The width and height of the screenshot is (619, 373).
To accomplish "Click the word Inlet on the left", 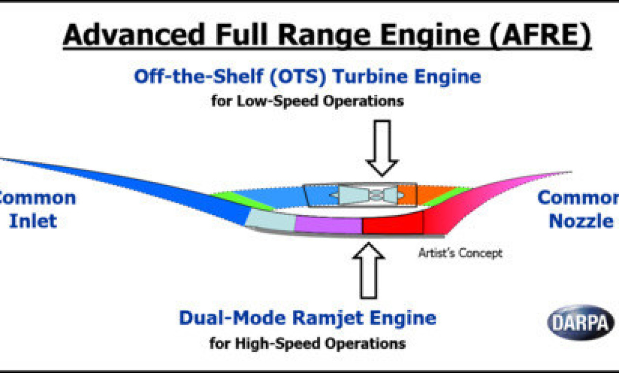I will (34, 221).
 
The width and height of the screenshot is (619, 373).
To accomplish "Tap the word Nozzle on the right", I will (582, 221).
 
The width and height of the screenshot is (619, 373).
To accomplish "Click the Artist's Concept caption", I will (460, 254).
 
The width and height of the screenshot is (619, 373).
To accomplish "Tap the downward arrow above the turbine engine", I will (381, 148).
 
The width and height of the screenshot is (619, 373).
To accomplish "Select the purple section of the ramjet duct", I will (328, 225).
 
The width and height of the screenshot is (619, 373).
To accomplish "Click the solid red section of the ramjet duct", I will (392, 225).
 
